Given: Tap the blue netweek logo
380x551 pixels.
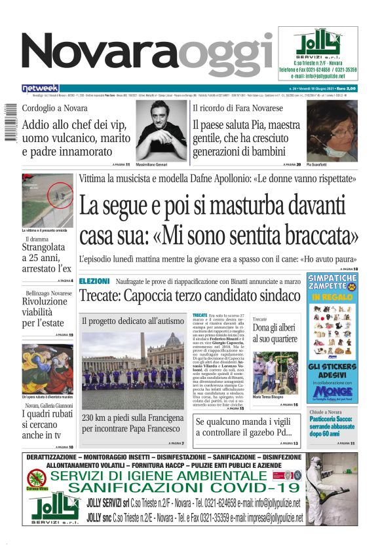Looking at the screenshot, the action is (x=40, y=88).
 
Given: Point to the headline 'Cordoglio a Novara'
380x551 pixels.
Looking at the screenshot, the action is (x=54, y=108).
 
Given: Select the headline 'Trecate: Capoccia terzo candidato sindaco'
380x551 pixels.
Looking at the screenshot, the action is (x=189, y=295).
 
